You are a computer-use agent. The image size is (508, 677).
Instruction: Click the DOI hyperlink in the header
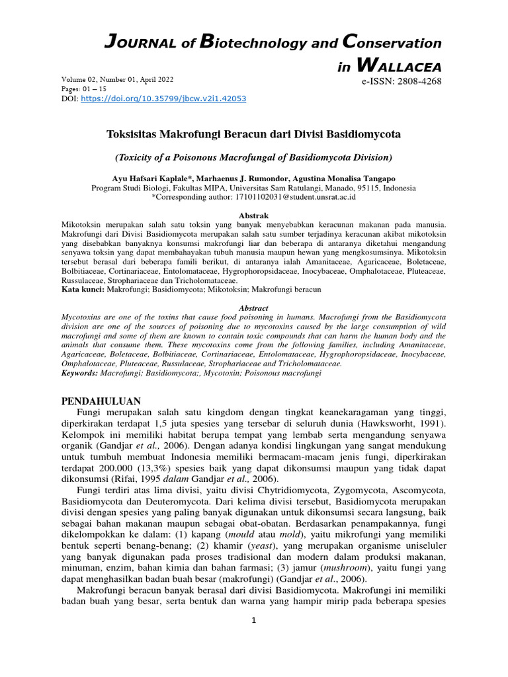(x=163, y=99)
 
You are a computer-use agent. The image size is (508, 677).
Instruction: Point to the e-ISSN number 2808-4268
(x=401, y=81)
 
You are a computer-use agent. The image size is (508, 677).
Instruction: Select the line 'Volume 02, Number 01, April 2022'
(x=117, y=79)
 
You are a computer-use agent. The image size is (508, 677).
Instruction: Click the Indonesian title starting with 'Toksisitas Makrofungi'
(x=253, y=134)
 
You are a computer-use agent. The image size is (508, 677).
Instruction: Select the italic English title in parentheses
(x=253, y=157)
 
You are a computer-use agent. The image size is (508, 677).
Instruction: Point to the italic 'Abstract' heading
(x=253, y=308)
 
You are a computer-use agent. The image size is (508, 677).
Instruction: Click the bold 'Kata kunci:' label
(x=83, y=290)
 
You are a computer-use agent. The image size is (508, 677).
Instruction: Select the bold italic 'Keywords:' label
(x=79, y=373)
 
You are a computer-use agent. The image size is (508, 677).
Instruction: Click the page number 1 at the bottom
(x=253, y=620)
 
